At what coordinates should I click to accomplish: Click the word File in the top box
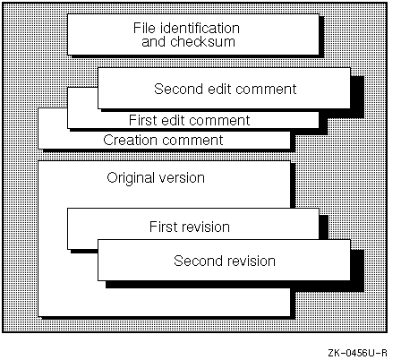click(144, 28)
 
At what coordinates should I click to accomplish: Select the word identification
click(200, 28)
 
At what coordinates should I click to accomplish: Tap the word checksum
click(202, 41)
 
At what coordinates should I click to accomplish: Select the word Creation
click(130, 140)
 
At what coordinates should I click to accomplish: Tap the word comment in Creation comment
click(192, 140)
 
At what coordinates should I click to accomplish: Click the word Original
click(131, 178)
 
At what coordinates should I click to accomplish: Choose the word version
click(182, 178)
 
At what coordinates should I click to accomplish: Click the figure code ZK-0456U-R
click(357, 353)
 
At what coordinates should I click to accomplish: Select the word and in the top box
click(153, 41)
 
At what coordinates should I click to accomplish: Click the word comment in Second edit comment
click(267, 90)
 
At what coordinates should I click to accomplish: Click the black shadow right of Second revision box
click(357, 270)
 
